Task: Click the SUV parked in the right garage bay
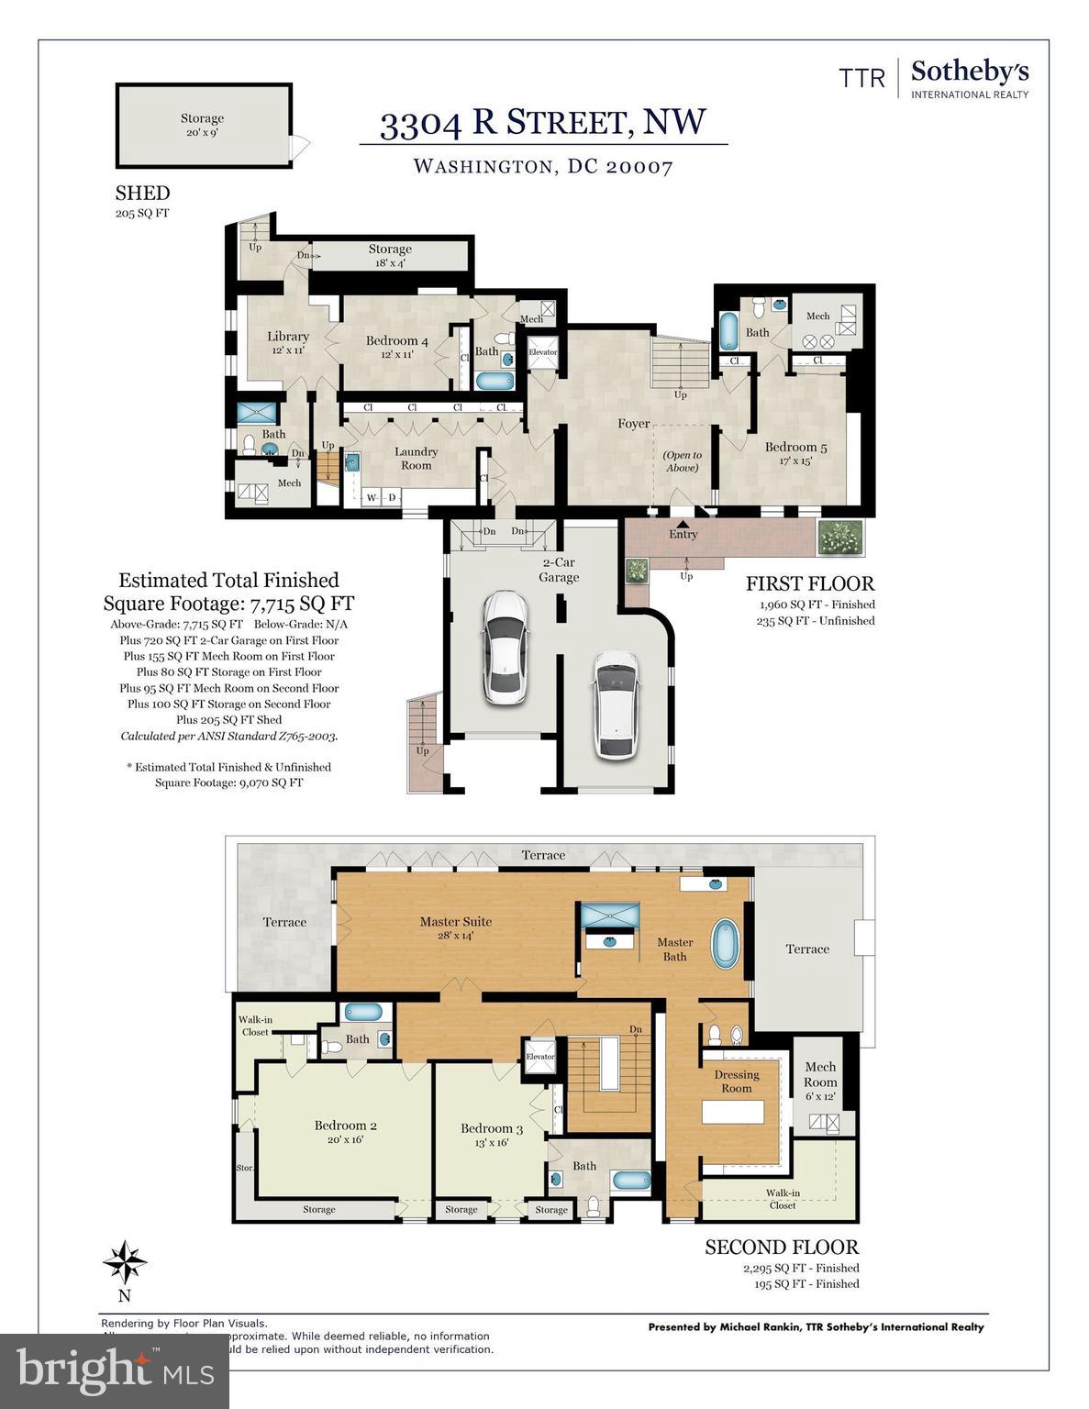[x=616, y=704]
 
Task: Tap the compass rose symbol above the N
[x=125, y=1263]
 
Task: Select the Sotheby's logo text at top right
[x=969, y=73]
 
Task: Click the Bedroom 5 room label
[x=795, y=454]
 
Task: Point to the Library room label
[x=287, y=342]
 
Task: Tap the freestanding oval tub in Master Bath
[x=726, y=942]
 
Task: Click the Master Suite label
[x=456, y=927]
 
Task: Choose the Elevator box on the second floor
[x=540, y=1058]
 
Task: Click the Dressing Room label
[x=737, y=1081]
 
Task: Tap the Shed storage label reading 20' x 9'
[x=202, y=125]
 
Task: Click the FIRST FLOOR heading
[x=809, y=583]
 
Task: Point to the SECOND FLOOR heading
[x=782, y=1247]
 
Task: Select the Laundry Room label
[x=416, y=458]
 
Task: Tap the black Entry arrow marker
[x=682, y=522]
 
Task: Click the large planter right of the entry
[x=840, y=538]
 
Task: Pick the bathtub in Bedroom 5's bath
[x=728, y=333]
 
